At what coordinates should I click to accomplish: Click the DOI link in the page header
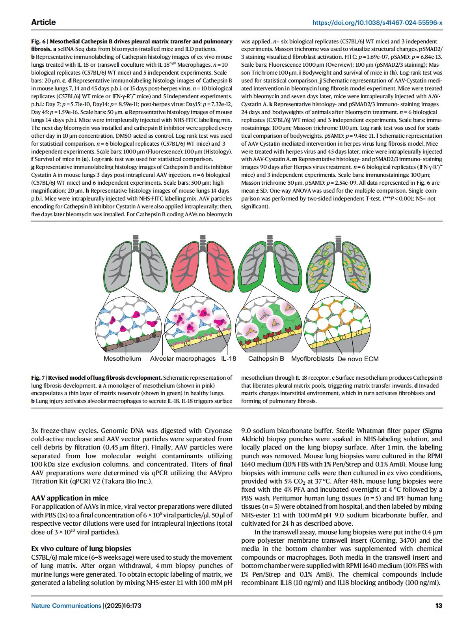pos(377,22)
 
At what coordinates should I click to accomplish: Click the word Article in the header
pos(43,22)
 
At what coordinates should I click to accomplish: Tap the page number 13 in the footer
pos(439,605)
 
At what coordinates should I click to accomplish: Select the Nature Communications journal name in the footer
pos(66,605)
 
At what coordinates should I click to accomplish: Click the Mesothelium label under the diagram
pos(122,358)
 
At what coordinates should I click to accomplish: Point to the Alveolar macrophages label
pos(183,358)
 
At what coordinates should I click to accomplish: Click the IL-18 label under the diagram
pos(229,358)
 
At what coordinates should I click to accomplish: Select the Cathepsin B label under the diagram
pos(266,358)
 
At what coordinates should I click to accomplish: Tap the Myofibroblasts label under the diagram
pos(312,358)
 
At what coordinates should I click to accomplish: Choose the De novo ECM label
pos(358,358)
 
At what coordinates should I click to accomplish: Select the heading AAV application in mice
pos(69,498)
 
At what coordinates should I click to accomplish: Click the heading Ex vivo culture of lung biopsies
pos(81,548)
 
